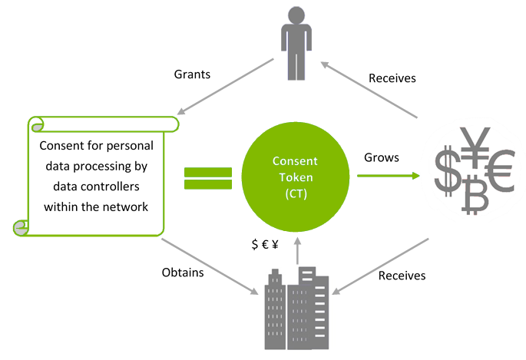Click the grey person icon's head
tap(296, 15)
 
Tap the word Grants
tap(192, 74)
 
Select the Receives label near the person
tap(392, 78)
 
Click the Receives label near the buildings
tap(402, 276)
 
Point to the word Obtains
tap(183, 272)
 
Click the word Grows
tap(382, 157)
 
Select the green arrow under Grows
tap(389, 176)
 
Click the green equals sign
tap(208, 178)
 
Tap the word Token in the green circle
tap(296, 177)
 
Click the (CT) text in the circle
tap(296, 193)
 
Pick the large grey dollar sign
tap(448, 171)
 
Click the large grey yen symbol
tap(475, 147)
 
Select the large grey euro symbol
tap(501, 171)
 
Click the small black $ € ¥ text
tap(265, 244)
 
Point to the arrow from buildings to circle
tap(297, 251)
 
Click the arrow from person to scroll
tap(225, 87)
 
